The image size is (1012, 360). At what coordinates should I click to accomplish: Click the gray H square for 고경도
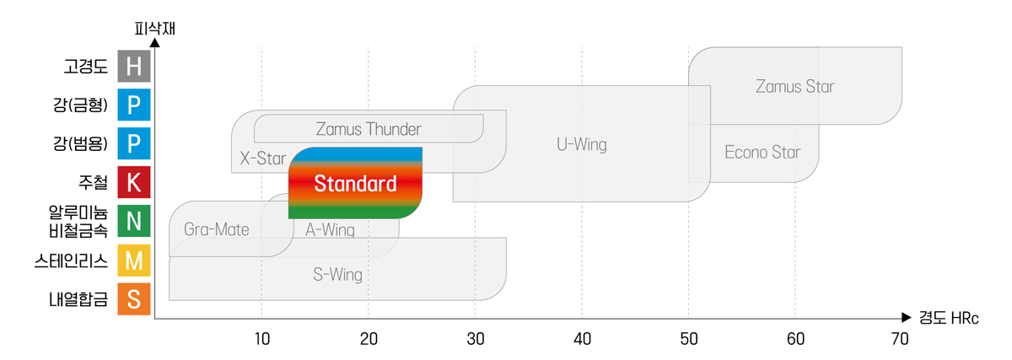click(133, 66)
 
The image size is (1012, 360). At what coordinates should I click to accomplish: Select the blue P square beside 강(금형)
click(133, 105)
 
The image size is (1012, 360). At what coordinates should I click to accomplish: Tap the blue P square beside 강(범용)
click(133, 143)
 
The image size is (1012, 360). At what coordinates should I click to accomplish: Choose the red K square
click(133, 182)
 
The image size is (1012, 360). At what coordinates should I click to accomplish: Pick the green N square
click(133, 221)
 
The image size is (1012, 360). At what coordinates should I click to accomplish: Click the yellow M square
click(133, 261)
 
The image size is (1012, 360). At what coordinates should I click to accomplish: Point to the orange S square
click(133, 298)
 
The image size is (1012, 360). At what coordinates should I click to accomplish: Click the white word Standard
click(355, 185)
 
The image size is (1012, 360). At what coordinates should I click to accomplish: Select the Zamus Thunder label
click(369, 129)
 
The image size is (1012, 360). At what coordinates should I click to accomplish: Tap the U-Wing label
click(582, 144)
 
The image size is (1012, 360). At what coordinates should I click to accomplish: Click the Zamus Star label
click(795, 86)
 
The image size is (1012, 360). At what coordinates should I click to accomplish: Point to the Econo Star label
click(762, 153)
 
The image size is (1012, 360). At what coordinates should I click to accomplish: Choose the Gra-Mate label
click(217, 229)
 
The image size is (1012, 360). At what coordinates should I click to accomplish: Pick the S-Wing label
click(337, 274)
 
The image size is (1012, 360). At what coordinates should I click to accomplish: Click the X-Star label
click(257, 158)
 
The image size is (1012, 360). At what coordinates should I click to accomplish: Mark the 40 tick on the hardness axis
click(582, 338)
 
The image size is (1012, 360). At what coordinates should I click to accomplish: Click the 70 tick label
click(900, 338)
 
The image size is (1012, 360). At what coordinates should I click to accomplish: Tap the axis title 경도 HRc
click(948, 319)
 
